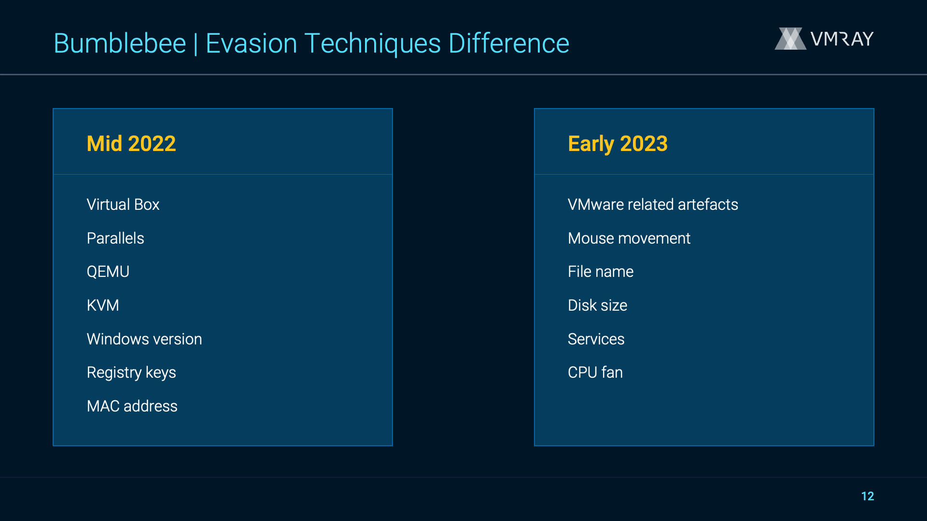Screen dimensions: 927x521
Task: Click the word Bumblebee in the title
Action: coord(120,43)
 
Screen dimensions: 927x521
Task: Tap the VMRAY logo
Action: coord(824,39)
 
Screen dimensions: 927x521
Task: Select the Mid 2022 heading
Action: coord(131,144)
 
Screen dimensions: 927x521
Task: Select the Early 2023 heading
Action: coord(618,144)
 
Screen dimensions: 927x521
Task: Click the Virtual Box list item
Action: coord(123,205)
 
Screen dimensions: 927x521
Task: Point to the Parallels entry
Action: coord(115,238)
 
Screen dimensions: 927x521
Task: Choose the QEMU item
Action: coord(108,272)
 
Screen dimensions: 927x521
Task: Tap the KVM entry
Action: coord(103,305)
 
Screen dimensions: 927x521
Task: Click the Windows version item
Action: coord(144,339)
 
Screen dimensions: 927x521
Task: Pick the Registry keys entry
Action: coord(131,373)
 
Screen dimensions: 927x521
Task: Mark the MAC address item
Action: coord(132,406)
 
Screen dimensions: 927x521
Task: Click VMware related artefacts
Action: coord(653,205)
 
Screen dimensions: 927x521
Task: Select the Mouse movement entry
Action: coord(629,238)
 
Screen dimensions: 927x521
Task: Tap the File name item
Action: coord(601,272)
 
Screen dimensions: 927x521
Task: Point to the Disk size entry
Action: coord(598,305)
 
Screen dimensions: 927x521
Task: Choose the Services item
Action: coord(596,339)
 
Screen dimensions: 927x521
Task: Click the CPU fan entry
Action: coord(595,372)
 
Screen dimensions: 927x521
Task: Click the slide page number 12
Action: coord(868,496)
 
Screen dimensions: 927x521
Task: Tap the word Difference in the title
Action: coord(509,43)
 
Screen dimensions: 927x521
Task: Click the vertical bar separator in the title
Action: coord(196,44)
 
